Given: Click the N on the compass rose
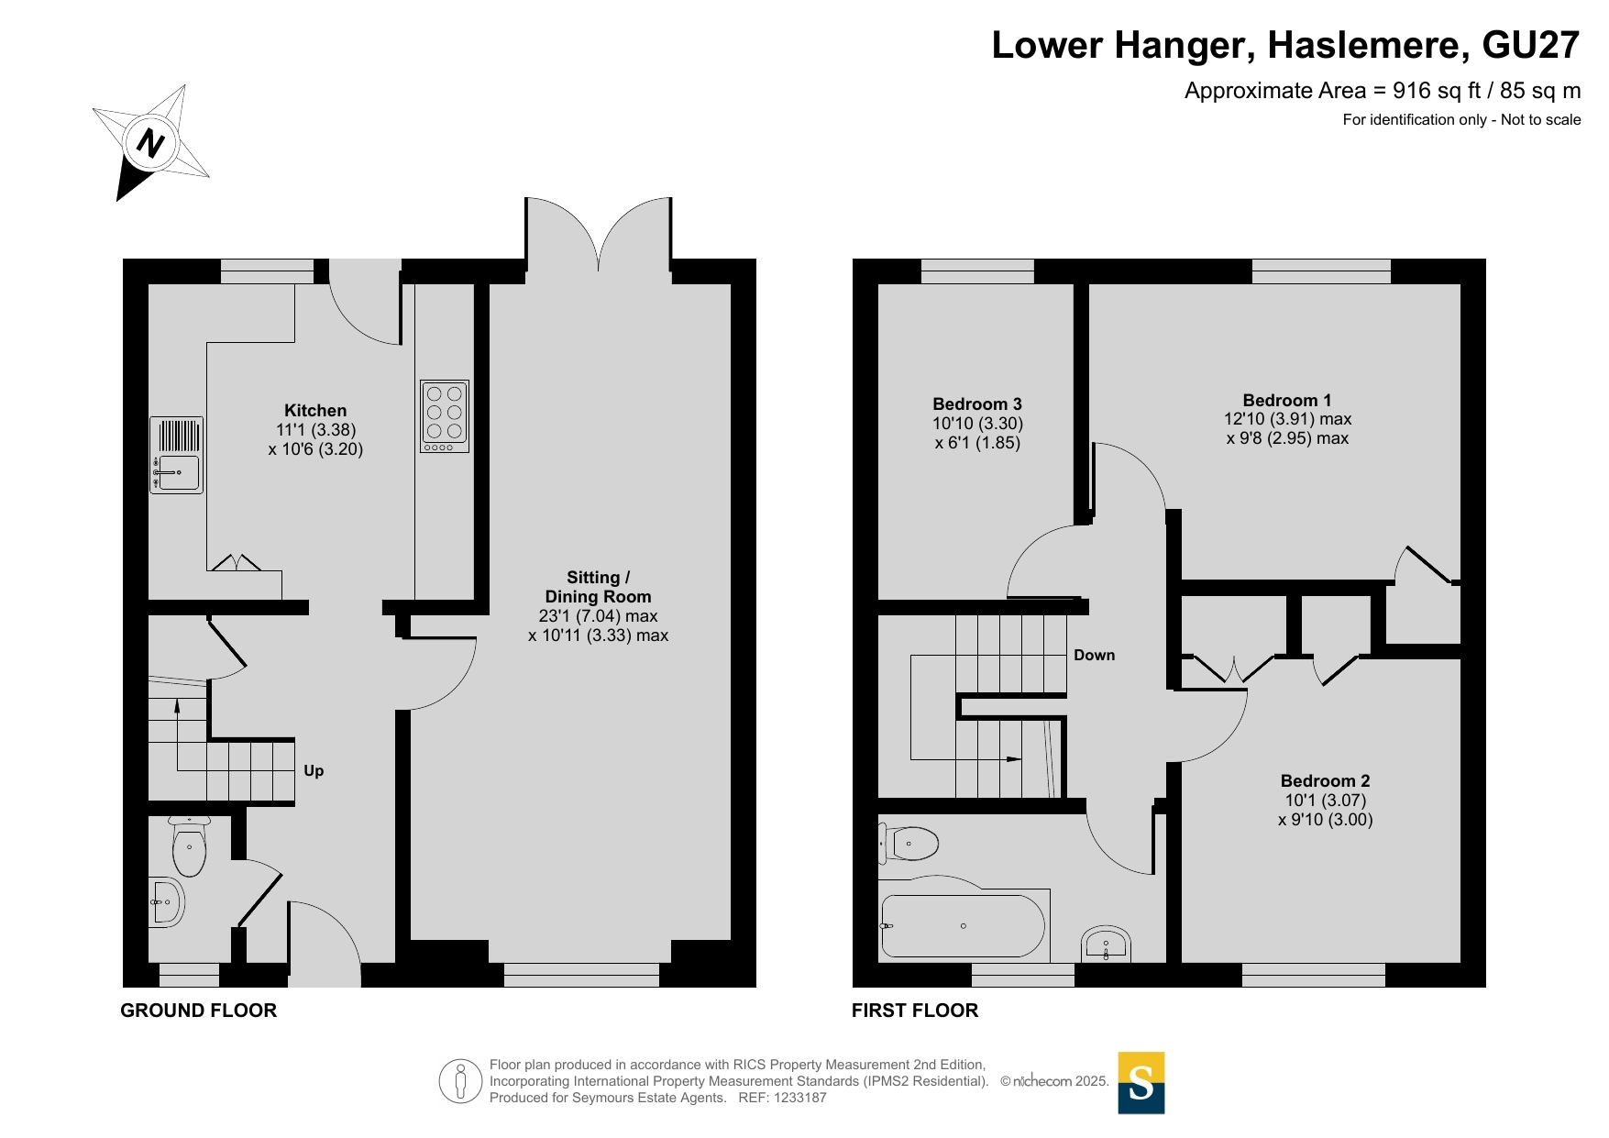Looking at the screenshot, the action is pos(150,143).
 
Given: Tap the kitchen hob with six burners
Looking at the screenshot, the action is pos(445,416).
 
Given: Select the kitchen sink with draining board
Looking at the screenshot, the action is pos(176,456).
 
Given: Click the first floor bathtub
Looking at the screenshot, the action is pos(964,925).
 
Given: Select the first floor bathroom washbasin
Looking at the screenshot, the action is pos(1106,944).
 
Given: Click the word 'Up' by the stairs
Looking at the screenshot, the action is pos(314,771).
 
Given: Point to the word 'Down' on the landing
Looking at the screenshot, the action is pos(1095,655).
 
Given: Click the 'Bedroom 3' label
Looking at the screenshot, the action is pos(977,403).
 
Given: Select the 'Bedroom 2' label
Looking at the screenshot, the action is pos(1326,780).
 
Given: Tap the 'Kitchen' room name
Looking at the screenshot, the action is pos(315,410).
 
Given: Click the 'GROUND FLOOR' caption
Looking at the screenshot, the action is pos(199,1011).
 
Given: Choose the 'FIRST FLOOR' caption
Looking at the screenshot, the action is pos(915,1011).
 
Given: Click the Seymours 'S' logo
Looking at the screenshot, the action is pos(1141,1083).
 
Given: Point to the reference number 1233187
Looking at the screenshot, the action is pos(800,1098).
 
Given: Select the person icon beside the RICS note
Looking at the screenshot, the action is pos(460,1081).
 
